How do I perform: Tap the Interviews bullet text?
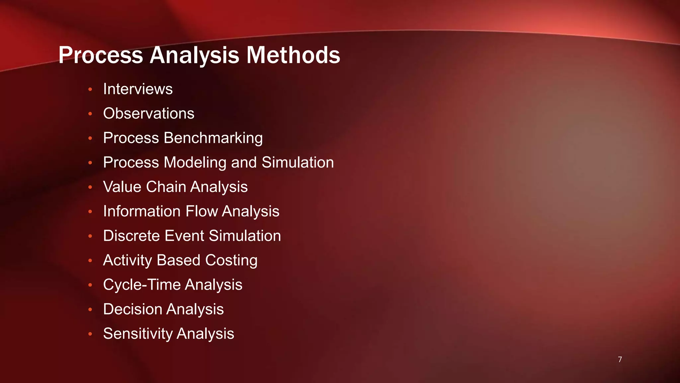click(138, 89)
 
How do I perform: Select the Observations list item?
click(149, 113)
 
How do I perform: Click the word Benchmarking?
click(213, 138)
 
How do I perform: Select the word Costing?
click(231, 260)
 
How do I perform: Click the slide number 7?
click(620, 359)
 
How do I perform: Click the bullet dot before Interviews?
click(90, 89)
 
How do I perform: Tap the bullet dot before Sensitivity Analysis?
click(90, 334)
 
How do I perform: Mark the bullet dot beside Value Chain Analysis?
click(90, 187)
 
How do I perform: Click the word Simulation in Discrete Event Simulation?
click(245, 236)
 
